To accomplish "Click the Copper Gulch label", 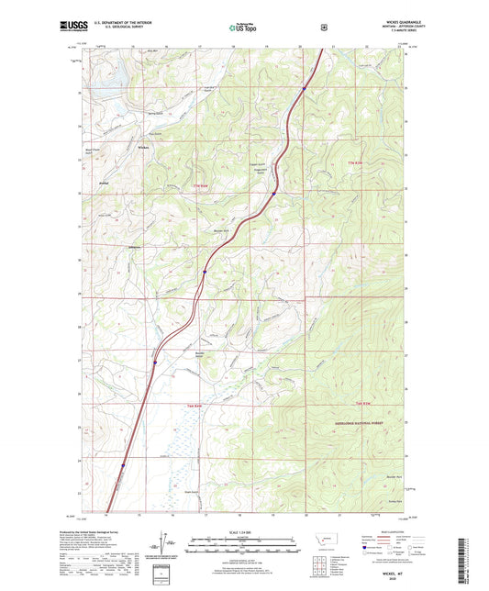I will (259, 166).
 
